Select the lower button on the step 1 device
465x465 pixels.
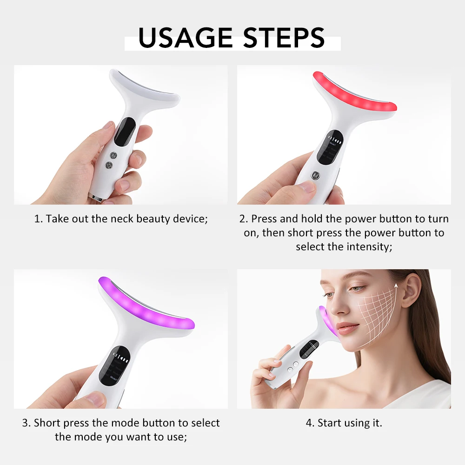(x=110, y=165)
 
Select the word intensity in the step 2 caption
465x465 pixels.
(x=368, y=246)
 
